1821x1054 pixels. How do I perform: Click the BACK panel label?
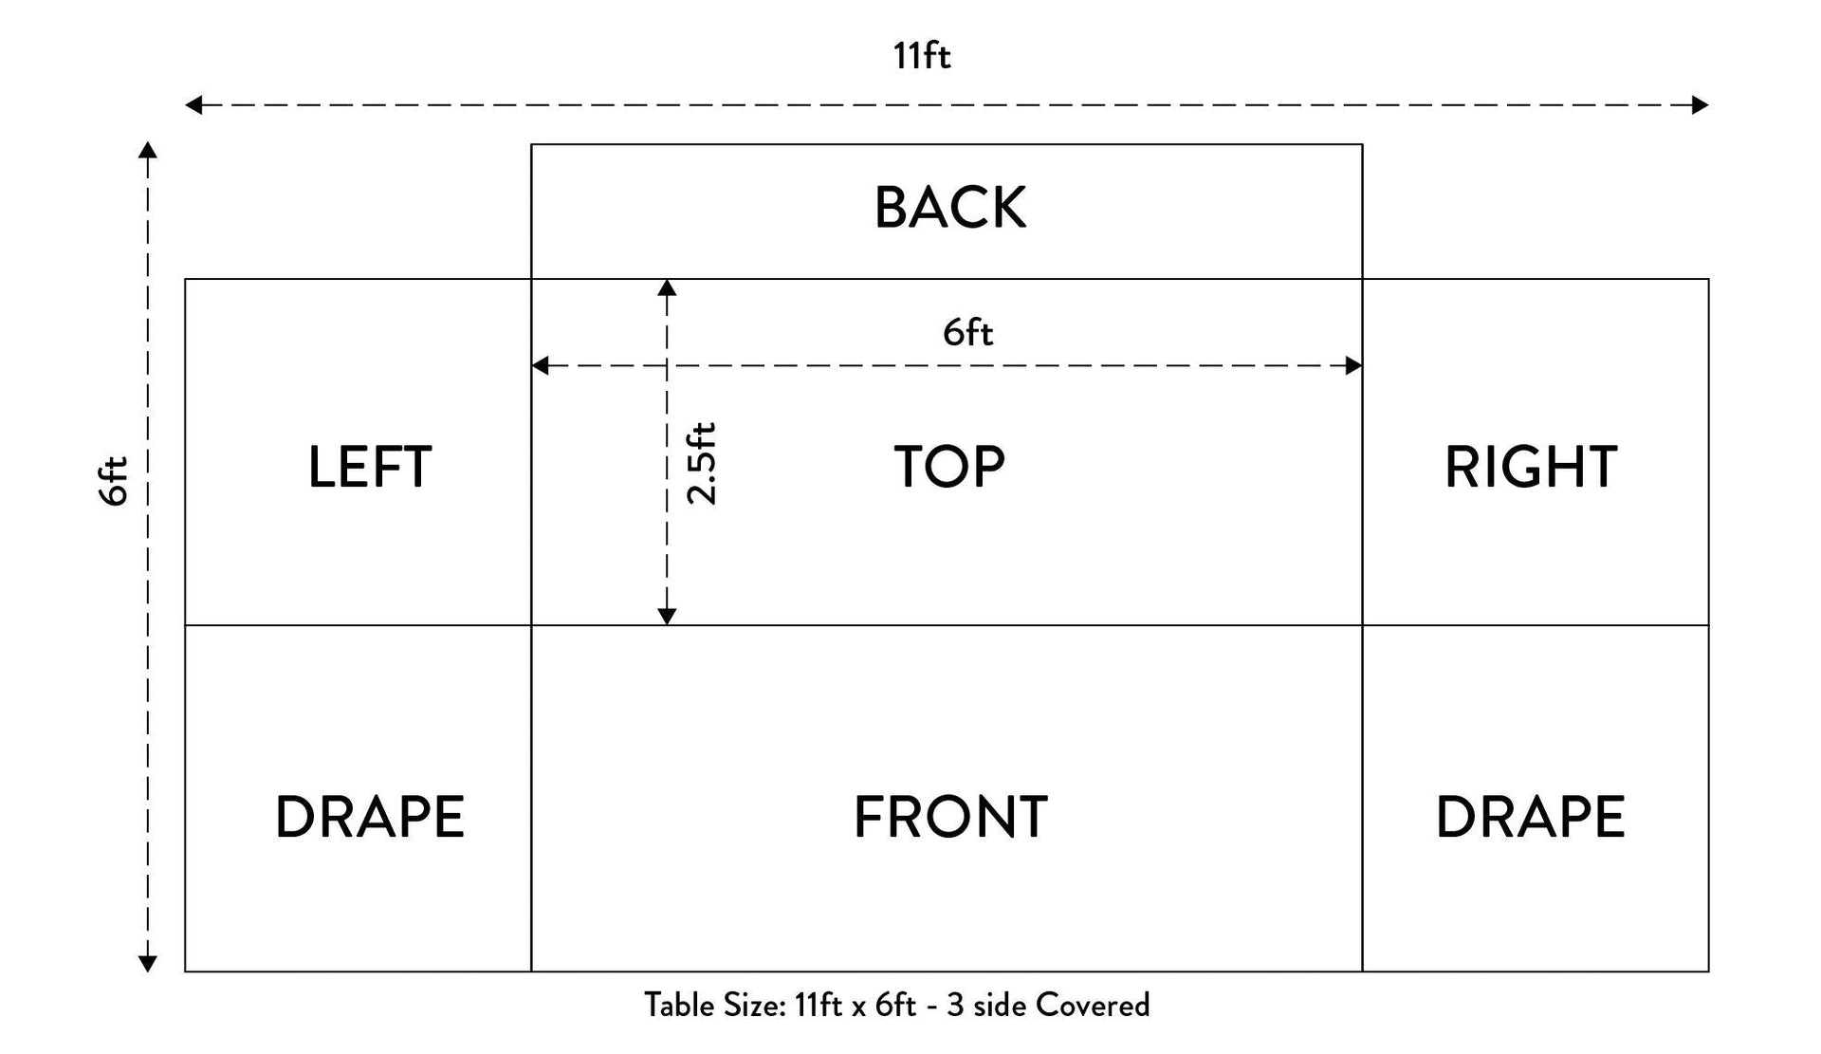click(x=949, y=208)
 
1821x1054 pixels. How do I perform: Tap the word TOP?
click(x=949, y=467)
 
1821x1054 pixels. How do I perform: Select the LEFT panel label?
click(x=370, y=467)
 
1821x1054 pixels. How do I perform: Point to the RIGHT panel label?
click(x=1531, y=467)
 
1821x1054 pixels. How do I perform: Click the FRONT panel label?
click(x=950, y=818)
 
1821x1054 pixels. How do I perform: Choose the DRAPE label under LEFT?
click(x=370, y=818)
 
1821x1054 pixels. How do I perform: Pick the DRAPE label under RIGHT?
click(x=1531, y=818)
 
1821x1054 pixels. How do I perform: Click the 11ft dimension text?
click(x=921, y=56)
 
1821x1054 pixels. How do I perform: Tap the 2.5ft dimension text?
click(x=702, y=463)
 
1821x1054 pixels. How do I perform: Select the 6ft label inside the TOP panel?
click(x=967, y=332)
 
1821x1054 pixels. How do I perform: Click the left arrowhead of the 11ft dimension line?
click(x=193, y=104)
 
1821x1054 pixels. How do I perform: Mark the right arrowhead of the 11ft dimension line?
click(x=1701, y=104)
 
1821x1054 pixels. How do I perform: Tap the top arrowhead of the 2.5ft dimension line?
click(x=667, y=287)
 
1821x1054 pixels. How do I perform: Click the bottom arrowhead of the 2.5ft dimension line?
click(x=667, y=618)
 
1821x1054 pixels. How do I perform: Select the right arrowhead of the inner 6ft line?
click(x=1354, y=365)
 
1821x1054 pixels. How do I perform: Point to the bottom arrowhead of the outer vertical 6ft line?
click(x=147, y=965)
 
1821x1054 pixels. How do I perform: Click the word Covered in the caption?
click(x=1093, y=1005)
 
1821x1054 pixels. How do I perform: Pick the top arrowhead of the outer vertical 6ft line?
click(x=147, y=150)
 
